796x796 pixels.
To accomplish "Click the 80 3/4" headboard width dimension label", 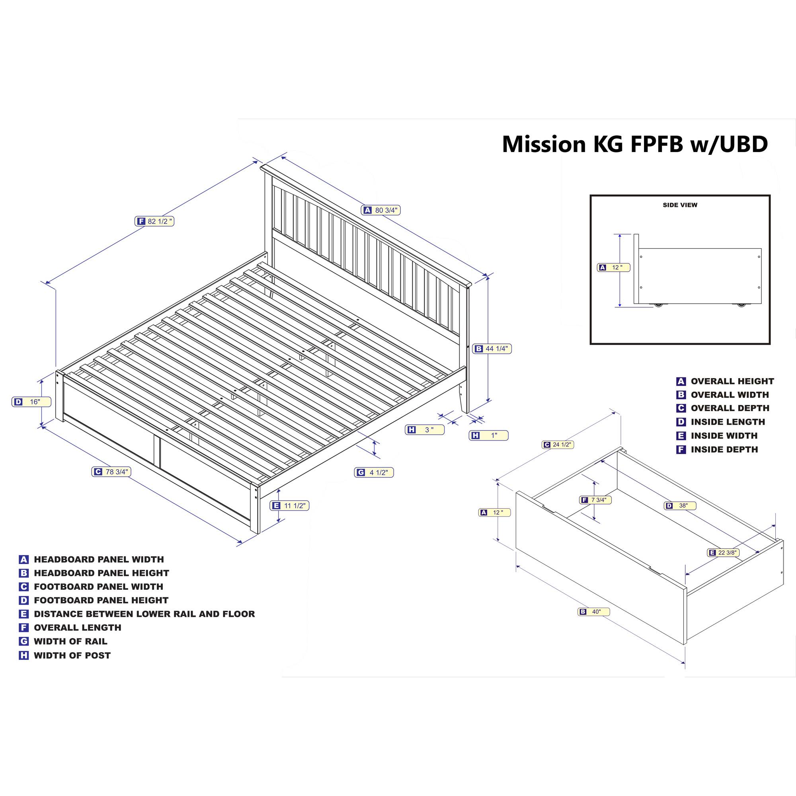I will tap(381, 210).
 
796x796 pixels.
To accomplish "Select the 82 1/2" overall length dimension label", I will tap(154, 221).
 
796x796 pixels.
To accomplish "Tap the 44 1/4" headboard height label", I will tap(492, 349).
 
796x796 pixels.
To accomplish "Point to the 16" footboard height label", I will tap(31, 402).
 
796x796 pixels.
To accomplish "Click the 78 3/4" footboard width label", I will tap(111, 472).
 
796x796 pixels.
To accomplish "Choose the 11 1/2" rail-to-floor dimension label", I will tap(289, 505).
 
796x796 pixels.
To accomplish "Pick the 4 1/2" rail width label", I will tap(374, 472).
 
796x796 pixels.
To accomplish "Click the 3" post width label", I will tap(425, 430).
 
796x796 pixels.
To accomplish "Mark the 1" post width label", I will tap(488, 435).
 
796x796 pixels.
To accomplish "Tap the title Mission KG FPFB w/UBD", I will tap(634, 144).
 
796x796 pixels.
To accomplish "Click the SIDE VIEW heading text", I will tap(680, 205).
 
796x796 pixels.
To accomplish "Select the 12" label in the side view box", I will tap(613, 267).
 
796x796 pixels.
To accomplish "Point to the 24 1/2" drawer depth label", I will tap(558, 445).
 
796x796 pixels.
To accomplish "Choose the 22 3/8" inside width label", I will tap(723, 552).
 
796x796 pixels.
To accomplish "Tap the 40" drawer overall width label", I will tap(593, 612).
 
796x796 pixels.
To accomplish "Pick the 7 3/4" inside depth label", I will tap(595, 500).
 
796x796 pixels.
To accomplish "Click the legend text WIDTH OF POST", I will tap(72, 655).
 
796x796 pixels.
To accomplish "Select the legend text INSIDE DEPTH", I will tap(724, 449).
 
